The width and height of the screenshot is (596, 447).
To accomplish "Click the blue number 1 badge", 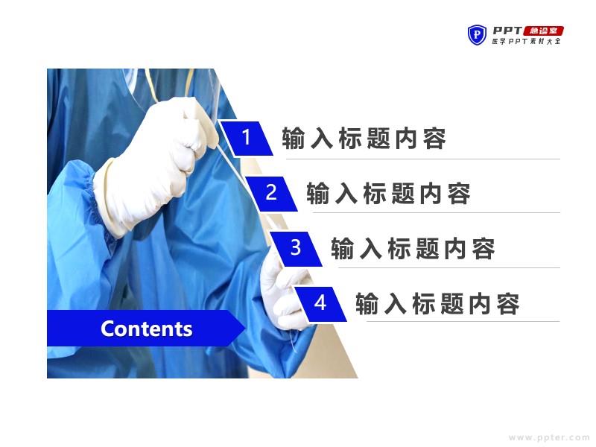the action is [x=247, y=139].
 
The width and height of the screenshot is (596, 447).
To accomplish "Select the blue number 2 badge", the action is [x=271, y=194].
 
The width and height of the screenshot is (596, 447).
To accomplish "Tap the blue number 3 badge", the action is [x=296, y=249].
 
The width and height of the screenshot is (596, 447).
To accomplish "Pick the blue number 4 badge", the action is [x=320, y=304].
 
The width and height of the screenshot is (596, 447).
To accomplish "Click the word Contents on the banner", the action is [x=146, y=329].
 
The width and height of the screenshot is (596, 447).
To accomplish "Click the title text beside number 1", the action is [x=364, y=139].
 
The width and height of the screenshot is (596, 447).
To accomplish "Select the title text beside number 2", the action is [x=388, y=194].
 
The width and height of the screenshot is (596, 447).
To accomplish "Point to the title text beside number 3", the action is [x=413, y=249].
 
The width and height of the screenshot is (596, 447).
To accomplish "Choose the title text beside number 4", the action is [x=437, y=304].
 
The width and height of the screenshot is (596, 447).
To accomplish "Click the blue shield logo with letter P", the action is [x=477, y=35].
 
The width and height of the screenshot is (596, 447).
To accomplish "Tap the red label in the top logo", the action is [x=544, y=31].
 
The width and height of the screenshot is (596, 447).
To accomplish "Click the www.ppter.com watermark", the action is [x=549, y=437].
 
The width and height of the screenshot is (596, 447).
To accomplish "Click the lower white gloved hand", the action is [x=285, y=293].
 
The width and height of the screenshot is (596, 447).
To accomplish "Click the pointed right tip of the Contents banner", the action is [x=245, y=328].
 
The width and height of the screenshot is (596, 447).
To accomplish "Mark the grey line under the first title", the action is [x=422, y=159].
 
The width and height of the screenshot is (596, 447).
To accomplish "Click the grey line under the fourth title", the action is [x=463, y=321].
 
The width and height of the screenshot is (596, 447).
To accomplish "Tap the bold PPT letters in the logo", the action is [x=507, y=31].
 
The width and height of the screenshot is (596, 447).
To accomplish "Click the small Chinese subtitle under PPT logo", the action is [x=527, y=41].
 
